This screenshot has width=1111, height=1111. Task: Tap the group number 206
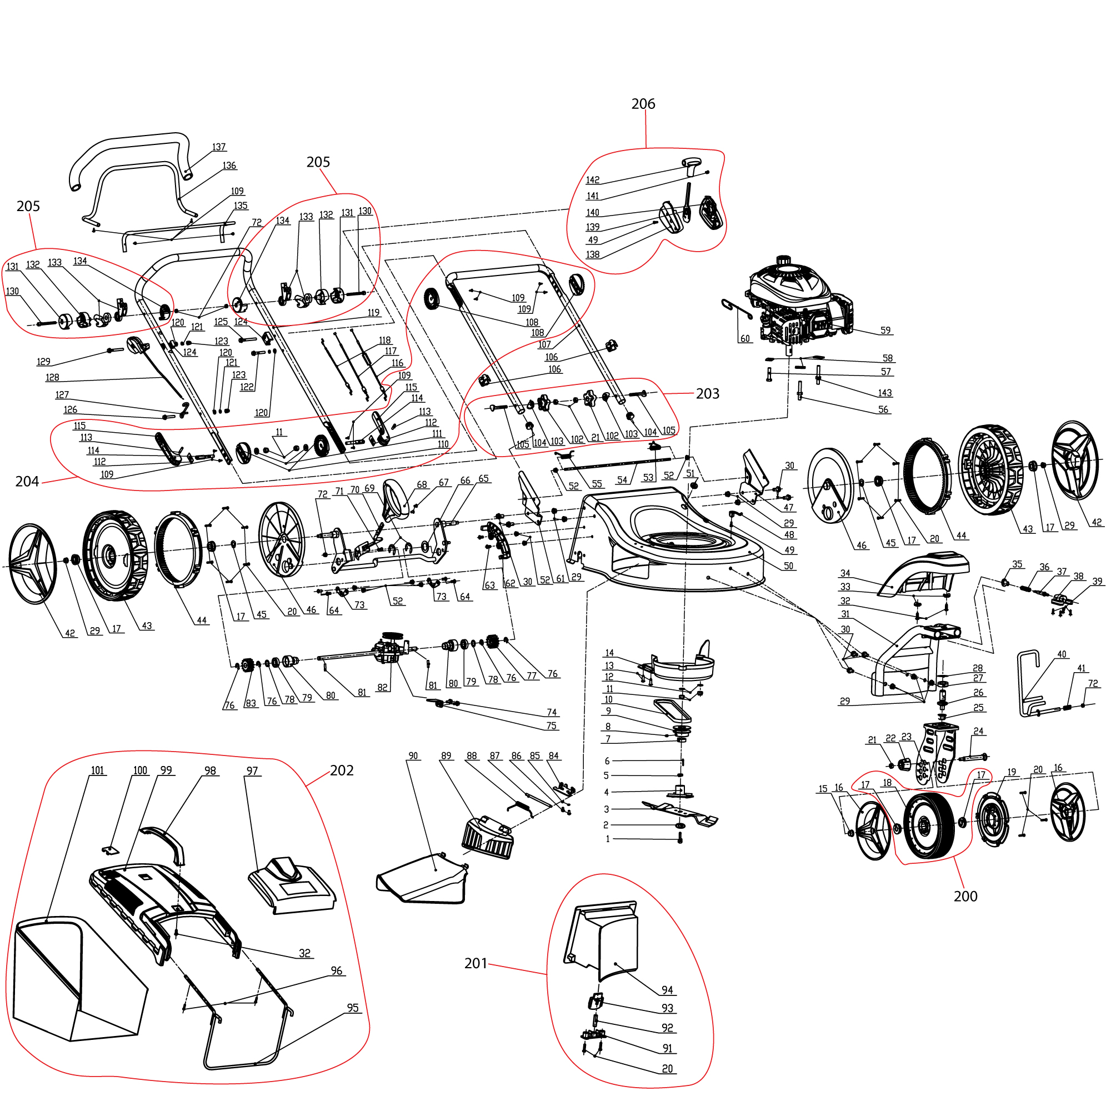tap(642, 104)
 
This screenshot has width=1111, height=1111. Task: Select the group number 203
tap(707, 394)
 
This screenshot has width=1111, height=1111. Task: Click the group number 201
tap(475, 963)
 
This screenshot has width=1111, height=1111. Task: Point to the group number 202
tap(342, 770)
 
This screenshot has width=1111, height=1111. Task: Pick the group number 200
tap(965, 896)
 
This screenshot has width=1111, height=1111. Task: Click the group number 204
tap(27, 481)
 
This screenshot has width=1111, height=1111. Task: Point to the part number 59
tap(885, 331)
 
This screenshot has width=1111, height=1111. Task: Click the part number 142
tap(592, 180)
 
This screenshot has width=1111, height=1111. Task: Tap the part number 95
tap(353, 1008)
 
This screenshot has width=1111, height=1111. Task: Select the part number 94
tap(667, 990)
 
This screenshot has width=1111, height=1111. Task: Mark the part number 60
tap(745, 339)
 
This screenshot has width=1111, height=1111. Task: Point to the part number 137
tap(218, 147)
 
